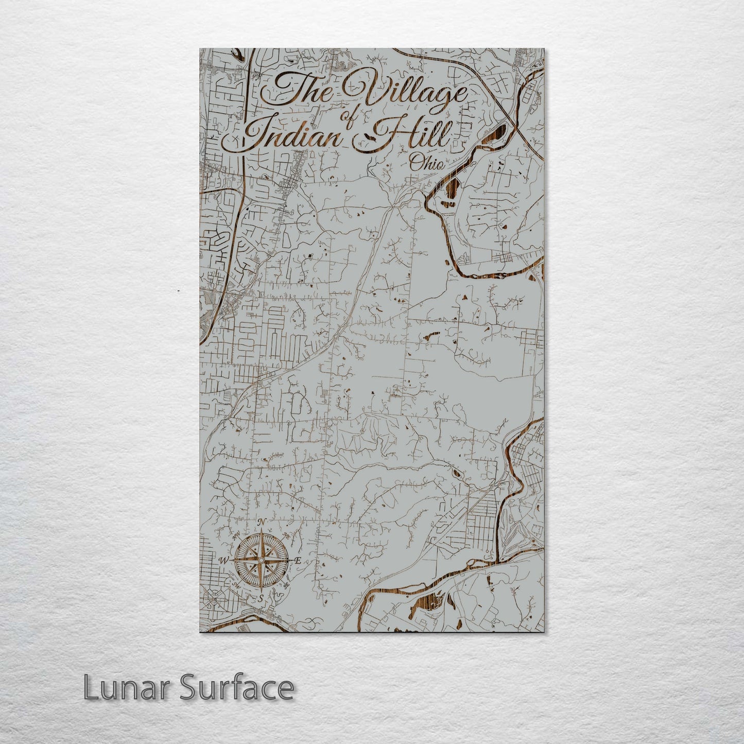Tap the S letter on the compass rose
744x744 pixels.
coord(261,598)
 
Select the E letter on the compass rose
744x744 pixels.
coord(298,561)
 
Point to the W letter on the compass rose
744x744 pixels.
coord(224,560)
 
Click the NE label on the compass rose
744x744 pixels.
coord(286,535)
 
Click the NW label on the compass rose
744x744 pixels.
coord(237,535)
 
